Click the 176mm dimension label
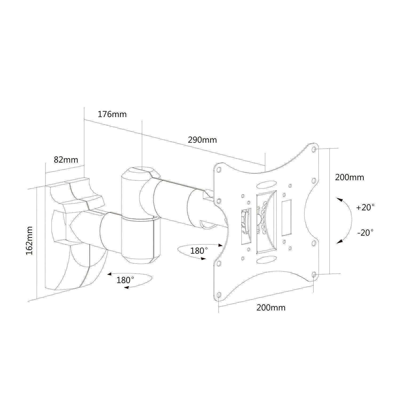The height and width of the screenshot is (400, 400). (x=112, y=114)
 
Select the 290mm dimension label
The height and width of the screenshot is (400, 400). (x=202, y=140)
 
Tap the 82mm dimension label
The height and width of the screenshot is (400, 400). (x=66, y=160)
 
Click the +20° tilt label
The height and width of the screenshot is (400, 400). (x=365, y=207)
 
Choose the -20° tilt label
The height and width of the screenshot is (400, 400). (x=365, y=233)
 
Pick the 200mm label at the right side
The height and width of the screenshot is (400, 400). (x=349, y=177)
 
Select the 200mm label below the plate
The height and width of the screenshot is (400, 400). (x=271, y=308)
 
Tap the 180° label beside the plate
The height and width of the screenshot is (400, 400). (x=199, y=251)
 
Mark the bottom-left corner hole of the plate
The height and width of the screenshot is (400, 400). (x=219, y=294)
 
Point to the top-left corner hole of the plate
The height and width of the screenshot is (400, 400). (x=219, y=170)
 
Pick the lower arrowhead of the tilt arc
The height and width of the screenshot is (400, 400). (x=339, y=241)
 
